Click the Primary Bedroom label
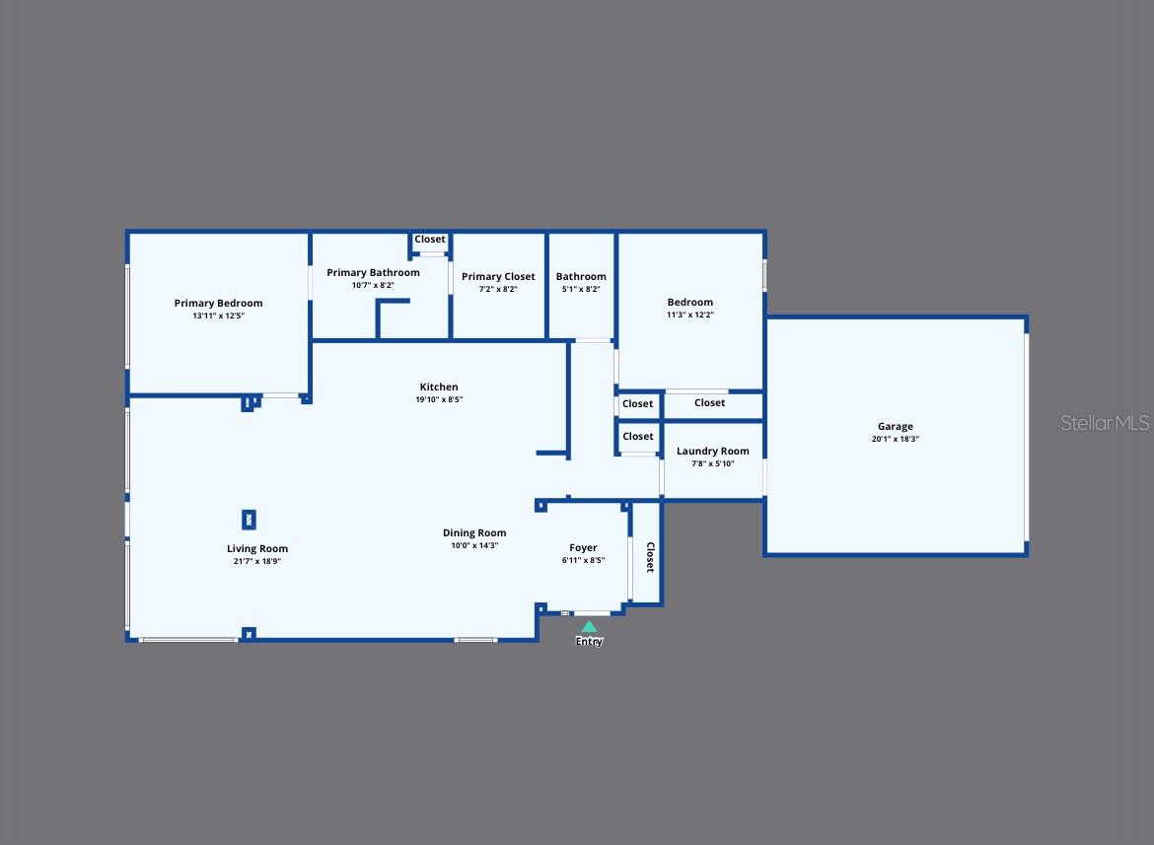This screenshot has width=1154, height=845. tap(219, 303)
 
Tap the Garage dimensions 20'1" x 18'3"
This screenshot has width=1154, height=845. tap(895, 439)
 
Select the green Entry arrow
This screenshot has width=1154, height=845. tap(589, 626)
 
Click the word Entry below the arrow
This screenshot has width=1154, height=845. tap(589, 641)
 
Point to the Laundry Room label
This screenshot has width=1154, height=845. tap(712, 451)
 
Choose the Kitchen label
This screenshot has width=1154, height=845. tap(439, 387)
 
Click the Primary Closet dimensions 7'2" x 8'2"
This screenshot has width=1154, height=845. tap(498, 289)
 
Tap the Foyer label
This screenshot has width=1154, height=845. tap(583, 548)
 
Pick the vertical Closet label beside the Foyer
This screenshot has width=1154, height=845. tap(650, 557)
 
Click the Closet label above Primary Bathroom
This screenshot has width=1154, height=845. tap(430, 239)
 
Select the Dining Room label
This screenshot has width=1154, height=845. tap(474, 533)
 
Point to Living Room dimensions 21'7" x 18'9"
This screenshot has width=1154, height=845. tap(256, 561)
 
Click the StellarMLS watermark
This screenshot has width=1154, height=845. tap(1105, 422)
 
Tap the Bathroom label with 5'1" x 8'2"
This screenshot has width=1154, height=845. tap(581, 276)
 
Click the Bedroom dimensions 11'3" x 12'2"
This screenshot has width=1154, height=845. tap(690, 315)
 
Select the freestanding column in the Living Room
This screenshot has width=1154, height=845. tap(249, 520)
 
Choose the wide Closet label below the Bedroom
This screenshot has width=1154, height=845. tap(709, 403)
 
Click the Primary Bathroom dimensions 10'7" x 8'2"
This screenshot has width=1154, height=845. tap(373, 285)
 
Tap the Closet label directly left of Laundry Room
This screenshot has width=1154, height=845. tap(638, 436)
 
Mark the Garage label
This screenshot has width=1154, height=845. tap(895, 427)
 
